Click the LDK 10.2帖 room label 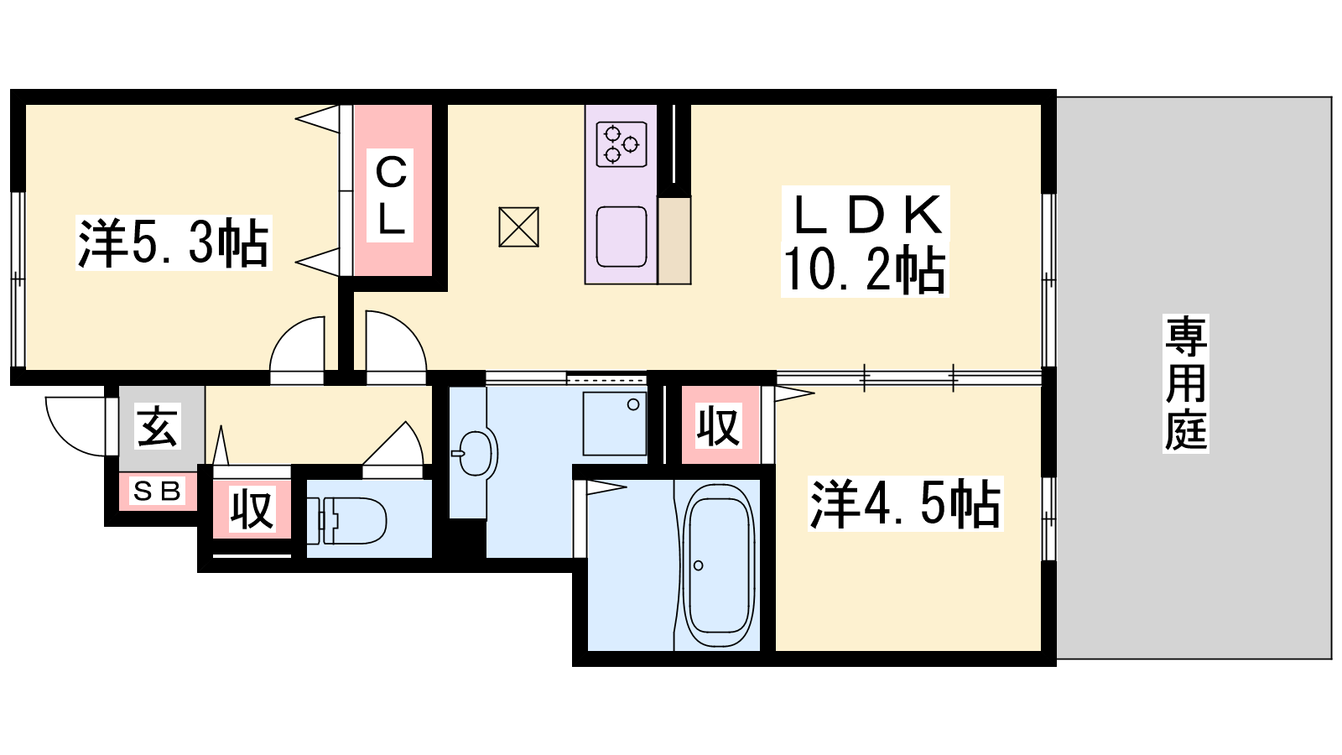[865, 242]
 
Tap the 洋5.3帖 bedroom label [173, 243]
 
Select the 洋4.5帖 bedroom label [905, 504]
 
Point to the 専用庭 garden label [1186, 383]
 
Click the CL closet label [390, 195]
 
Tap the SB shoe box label [158, 492]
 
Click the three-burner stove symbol [622, 144]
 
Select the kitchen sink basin [622, 237]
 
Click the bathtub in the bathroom [718, 565]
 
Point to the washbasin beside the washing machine [474, 453]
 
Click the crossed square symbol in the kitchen [519, 227]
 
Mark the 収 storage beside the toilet [252, 508]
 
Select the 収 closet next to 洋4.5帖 [718, 425]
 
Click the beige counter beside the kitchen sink [674, 240]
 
